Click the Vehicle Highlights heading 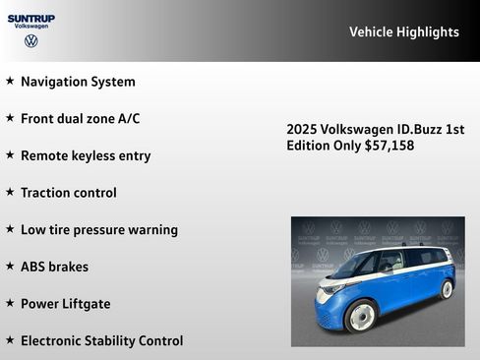(403, 32)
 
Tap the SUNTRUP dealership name (31, 18)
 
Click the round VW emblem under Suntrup (31, 41)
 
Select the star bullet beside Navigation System (10, 81)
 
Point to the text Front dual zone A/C (80, 118)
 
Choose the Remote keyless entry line (86, 155)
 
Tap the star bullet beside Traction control (10, 192)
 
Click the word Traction (45, 193)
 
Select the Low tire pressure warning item (98, 229)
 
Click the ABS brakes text (54, 267)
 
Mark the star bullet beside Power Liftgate (10, 303)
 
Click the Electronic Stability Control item (101, 340)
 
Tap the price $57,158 (389, 146)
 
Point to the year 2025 (302, 130)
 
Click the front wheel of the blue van (362, 317)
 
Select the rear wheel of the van (447, 289)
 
